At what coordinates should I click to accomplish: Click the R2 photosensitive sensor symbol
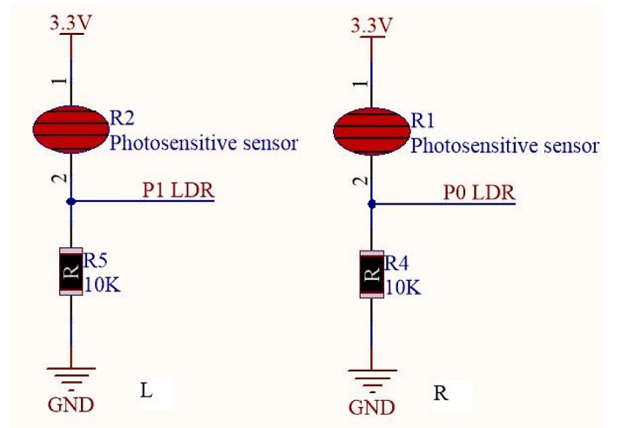click(x=70, y=130)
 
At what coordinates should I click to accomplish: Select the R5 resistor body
click(x=70, y=271)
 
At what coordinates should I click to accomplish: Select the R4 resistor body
click(x=371, y=274)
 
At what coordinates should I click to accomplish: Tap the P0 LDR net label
click(x=478, y=192)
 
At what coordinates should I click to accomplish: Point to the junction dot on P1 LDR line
click(x=70, y=201)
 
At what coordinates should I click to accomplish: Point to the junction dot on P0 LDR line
click(x=371, y=204)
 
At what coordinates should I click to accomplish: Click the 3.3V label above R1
click(x=371, y=23)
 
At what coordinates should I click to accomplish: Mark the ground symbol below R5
click(x=70, y=376)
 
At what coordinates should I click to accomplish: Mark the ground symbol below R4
click(x=371, y=378)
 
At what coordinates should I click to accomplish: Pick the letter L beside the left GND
click(x=146, y=391)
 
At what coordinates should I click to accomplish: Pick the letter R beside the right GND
click(x=441, y=393)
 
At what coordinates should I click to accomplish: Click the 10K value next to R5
click(x=101, y=284)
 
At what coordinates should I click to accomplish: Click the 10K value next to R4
click(x=402, y=287)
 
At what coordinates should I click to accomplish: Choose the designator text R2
click(x=122, y=118)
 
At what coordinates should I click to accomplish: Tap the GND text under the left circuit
click(x=71, y=405)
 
